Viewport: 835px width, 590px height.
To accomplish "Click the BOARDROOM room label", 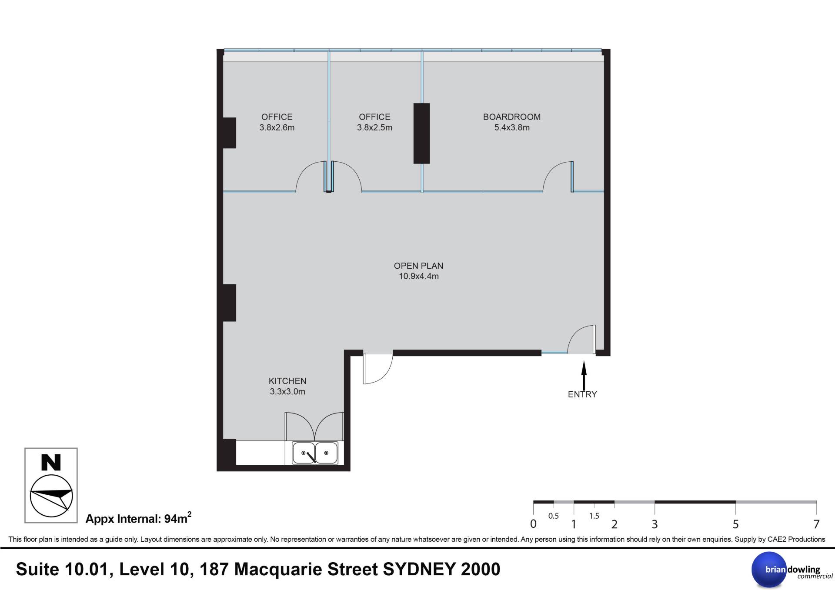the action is (x=512, y=117).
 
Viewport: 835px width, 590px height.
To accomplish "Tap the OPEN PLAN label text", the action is (x=418, y=266).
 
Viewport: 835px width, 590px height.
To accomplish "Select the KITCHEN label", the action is (x=287, y=381).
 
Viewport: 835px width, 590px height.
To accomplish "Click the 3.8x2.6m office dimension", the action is (x=277, y=128).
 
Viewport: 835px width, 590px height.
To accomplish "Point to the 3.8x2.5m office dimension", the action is (x=374, y=128).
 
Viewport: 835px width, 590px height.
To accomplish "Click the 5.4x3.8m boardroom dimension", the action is (x=512, y=128).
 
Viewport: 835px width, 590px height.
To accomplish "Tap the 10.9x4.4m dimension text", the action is (x=419, y=277).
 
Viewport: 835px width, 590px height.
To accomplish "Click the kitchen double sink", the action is (x=315, y=453).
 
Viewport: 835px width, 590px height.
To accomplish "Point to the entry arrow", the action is (x=584, y=376).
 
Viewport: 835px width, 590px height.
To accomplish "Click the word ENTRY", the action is (x=582, y=394).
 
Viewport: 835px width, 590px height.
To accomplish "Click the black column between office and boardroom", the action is (x=421, y=133).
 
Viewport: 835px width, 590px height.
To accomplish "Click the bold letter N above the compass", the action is (x=51, y=463).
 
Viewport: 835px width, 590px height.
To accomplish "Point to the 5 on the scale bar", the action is (x=735, y=524).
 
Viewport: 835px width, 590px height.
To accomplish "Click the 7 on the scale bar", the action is (x=816, y=524).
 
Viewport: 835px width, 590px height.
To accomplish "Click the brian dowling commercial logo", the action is (x=786, y=570).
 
